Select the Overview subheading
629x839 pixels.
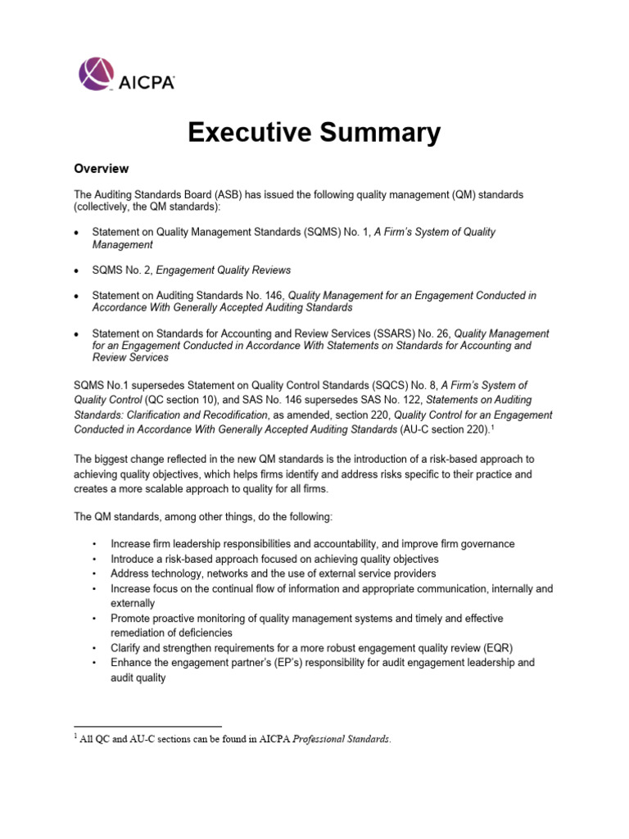pyautogui.click(x=101, y=169)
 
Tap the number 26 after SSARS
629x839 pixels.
pyautogui.click(x=441, y=333)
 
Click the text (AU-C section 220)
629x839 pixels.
pyautogui.click(x=423, y=429)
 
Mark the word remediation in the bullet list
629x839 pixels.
pyautogui.click(x=144, y=633)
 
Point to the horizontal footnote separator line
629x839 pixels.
pyautogui.click(x=147, y=727)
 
